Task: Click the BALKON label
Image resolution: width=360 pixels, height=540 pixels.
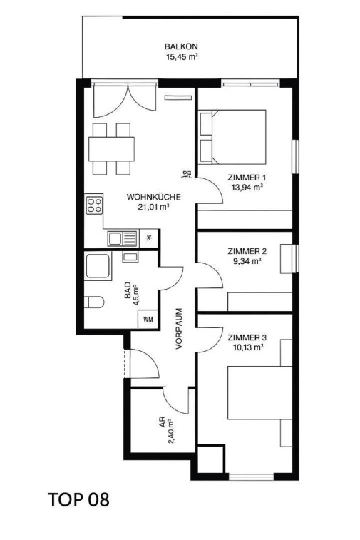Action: click(x=181, y=46)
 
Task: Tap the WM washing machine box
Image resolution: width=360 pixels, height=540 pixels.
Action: click(x=148, y=320)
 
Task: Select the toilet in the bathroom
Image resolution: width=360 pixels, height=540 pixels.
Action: click(x=94, y=302)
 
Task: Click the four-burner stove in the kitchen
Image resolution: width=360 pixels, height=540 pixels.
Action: click(x=94, y=205)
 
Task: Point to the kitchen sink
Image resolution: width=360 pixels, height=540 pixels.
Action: click(x=123, y=238)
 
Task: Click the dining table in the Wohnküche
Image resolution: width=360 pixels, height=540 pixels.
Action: click(x=111, y=150)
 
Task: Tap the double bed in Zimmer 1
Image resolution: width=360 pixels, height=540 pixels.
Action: click(x=232, y=137)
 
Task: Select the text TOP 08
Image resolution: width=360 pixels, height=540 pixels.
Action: click(x=79, y=499)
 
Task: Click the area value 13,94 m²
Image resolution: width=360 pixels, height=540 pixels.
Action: click(x=247, y=187)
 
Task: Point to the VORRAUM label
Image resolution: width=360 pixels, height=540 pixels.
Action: click(x=179, y=328)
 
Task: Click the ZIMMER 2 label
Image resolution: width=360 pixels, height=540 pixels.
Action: click(x=247, y=251)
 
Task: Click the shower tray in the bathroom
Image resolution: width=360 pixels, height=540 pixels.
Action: click(x=98, y=265)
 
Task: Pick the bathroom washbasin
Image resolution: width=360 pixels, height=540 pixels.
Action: click(x=130, y=257)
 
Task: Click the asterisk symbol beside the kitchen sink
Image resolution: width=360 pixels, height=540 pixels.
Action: click(x=149, y=238)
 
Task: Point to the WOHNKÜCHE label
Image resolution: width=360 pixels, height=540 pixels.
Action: click(x=154, y=198)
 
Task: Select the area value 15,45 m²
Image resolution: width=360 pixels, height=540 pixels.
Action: click(x=181, y=57)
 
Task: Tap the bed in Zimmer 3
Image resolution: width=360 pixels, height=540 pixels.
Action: click(x=260, y=393)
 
